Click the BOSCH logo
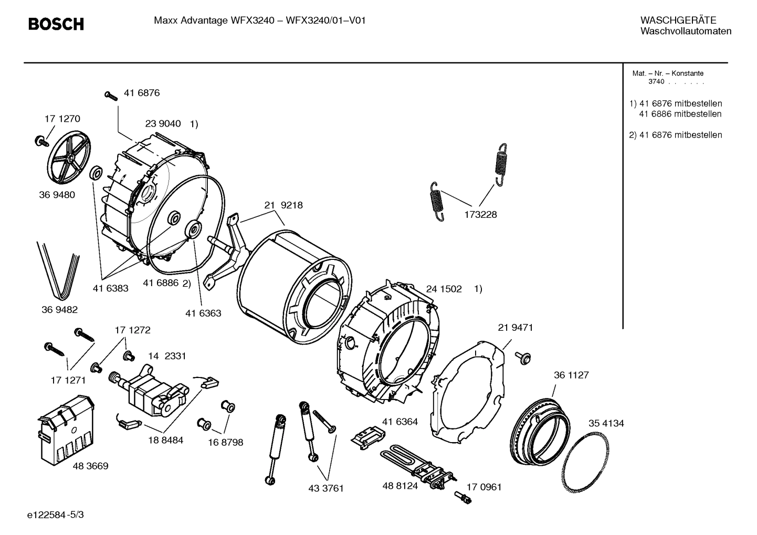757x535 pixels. [56, 24]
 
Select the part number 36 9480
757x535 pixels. [57, 195]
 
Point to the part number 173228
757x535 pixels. [480, 215]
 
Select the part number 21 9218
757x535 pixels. [283, 205]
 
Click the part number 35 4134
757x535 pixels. [606, 423]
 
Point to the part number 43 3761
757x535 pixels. [325, 488]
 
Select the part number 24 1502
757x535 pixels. [444, 289]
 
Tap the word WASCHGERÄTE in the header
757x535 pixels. [678, 20]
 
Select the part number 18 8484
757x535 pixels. [165, 440]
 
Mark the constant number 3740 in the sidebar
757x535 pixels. [656, 82]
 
